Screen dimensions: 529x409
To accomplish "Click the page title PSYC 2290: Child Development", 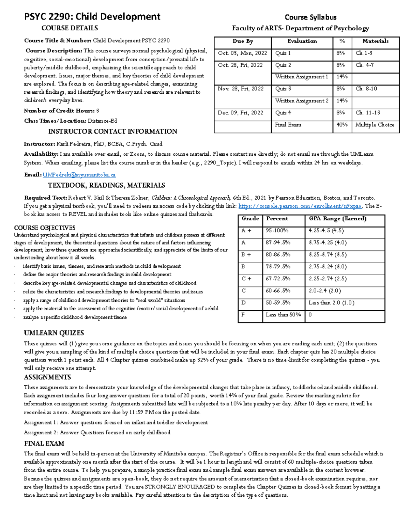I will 92,16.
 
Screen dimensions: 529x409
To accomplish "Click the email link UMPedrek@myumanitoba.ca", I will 79,175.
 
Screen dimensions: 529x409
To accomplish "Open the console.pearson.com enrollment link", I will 300,206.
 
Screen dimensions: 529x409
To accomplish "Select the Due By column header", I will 243,41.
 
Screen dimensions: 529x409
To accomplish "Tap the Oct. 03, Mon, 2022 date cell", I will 242,53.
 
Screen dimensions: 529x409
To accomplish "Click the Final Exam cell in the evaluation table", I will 288,125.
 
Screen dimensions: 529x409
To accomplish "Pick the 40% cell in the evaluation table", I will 342,125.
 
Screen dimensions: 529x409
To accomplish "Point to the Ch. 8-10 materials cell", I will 366,89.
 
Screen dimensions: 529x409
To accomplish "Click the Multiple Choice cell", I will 375,125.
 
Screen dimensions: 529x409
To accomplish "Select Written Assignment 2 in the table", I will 302,101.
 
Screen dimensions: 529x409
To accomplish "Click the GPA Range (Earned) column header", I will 337,219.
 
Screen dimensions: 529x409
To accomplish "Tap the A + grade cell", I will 246,231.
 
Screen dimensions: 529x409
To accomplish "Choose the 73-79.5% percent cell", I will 278,267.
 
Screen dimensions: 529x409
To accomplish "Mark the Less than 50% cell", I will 283,315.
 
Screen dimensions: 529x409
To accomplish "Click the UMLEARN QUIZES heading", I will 54,333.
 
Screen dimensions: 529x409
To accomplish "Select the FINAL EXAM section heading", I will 44,444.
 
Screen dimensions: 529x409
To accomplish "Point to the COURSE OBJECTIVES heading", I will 45,228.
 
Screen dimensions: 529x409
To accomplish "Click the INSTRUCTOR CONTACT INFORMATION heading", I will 112,131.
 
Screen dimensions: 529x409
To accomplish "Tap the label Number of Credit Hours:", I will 59,111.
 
